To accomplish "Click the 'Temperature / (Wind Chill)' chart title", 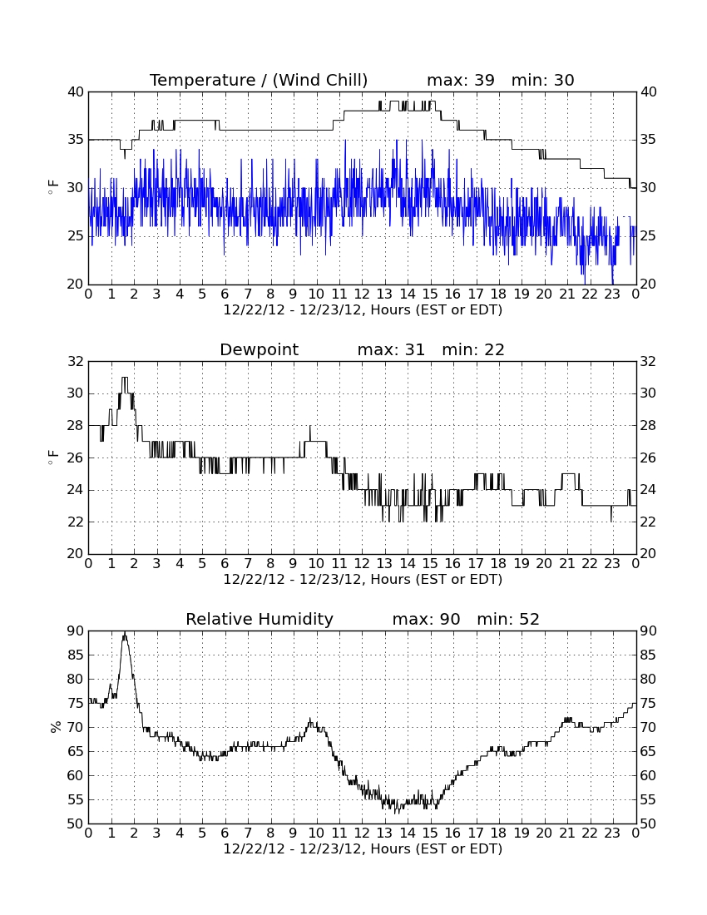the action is (x=259, y=80).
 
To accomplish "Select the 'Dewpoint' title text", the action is (x=259, y=349).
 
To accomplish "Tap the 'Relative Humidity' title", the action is (x=259, y=619).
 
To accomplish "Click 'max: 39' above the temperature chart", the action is (x=460, y=80).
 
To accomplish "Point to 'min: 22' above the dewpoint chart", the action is (x=473, y=349).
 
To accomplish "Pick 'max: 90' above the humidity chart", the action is (x=426, y=619).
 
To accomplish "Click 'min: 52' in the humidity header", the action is (x=508, y=619).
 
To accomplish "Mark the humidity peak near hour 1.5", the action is (x=124, y=632).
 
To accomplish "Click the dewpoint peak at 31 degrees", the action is (x=124, y=378).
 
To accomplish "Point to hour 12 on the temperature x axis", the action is (x=362, y=294).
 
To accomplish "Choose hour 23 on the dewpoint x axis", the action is (x=612, y=563).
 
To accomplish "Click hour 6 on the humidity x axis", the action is (x=225, y=833).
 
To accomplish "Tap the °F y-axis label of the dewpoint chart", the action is (x=53, y=457).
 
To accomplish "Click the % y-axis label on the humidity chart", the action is (x=56, y=726).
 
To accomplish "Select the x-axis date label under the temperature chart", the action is (x=363, y=309).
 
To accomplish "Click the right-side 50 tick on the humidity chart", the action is (x=648, y=823).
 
